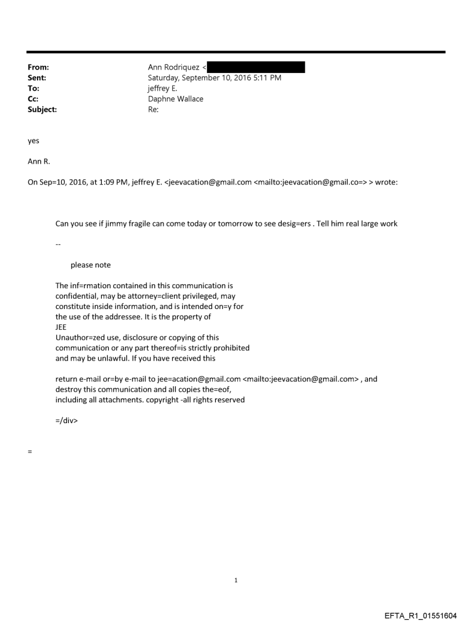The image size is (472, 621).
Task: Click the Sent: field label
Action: point(37,78)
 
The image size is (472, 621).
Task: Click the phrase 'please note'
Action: point(90,265)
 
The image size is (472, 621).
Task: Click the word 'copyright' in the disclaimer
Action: point(159,400)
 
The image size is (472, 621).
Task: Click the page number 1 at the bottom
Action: point(236,580)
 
